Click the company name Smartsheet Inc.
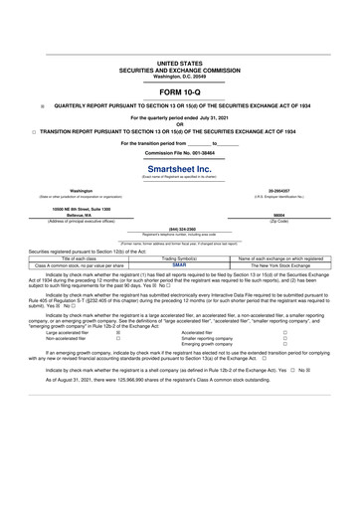click(x=179, y=169)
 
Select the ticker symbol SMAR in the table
click(x=179, y=265)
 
